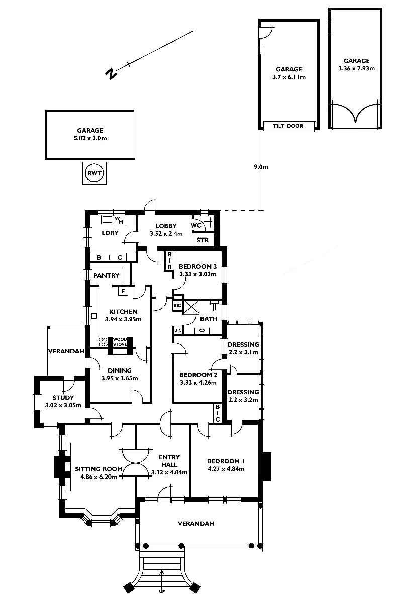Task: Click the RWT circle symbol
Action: (x=94, y=173)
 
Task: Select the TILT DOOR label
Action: (x=288, y=126)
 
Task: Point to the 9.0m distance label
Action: (x=261, y=167)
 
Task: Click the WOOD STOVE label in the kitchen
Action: (x=120, y=342)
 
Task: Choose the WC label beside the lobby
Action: (x=196, y=226)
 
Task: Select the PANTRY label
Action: (x=106, y=275)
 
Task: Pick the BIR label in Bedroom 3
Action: (x=170, y=260)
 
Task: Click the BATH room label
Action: (x=208, y=319)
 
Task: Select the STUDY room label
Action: (x=62, y=398)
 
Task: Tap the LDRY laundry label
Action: (x=110, y=233)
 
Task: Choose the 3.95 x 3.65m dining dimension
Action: (x=119, y=378)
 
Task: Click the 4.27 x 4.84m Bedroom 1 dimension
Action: (x=226, y=469)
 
